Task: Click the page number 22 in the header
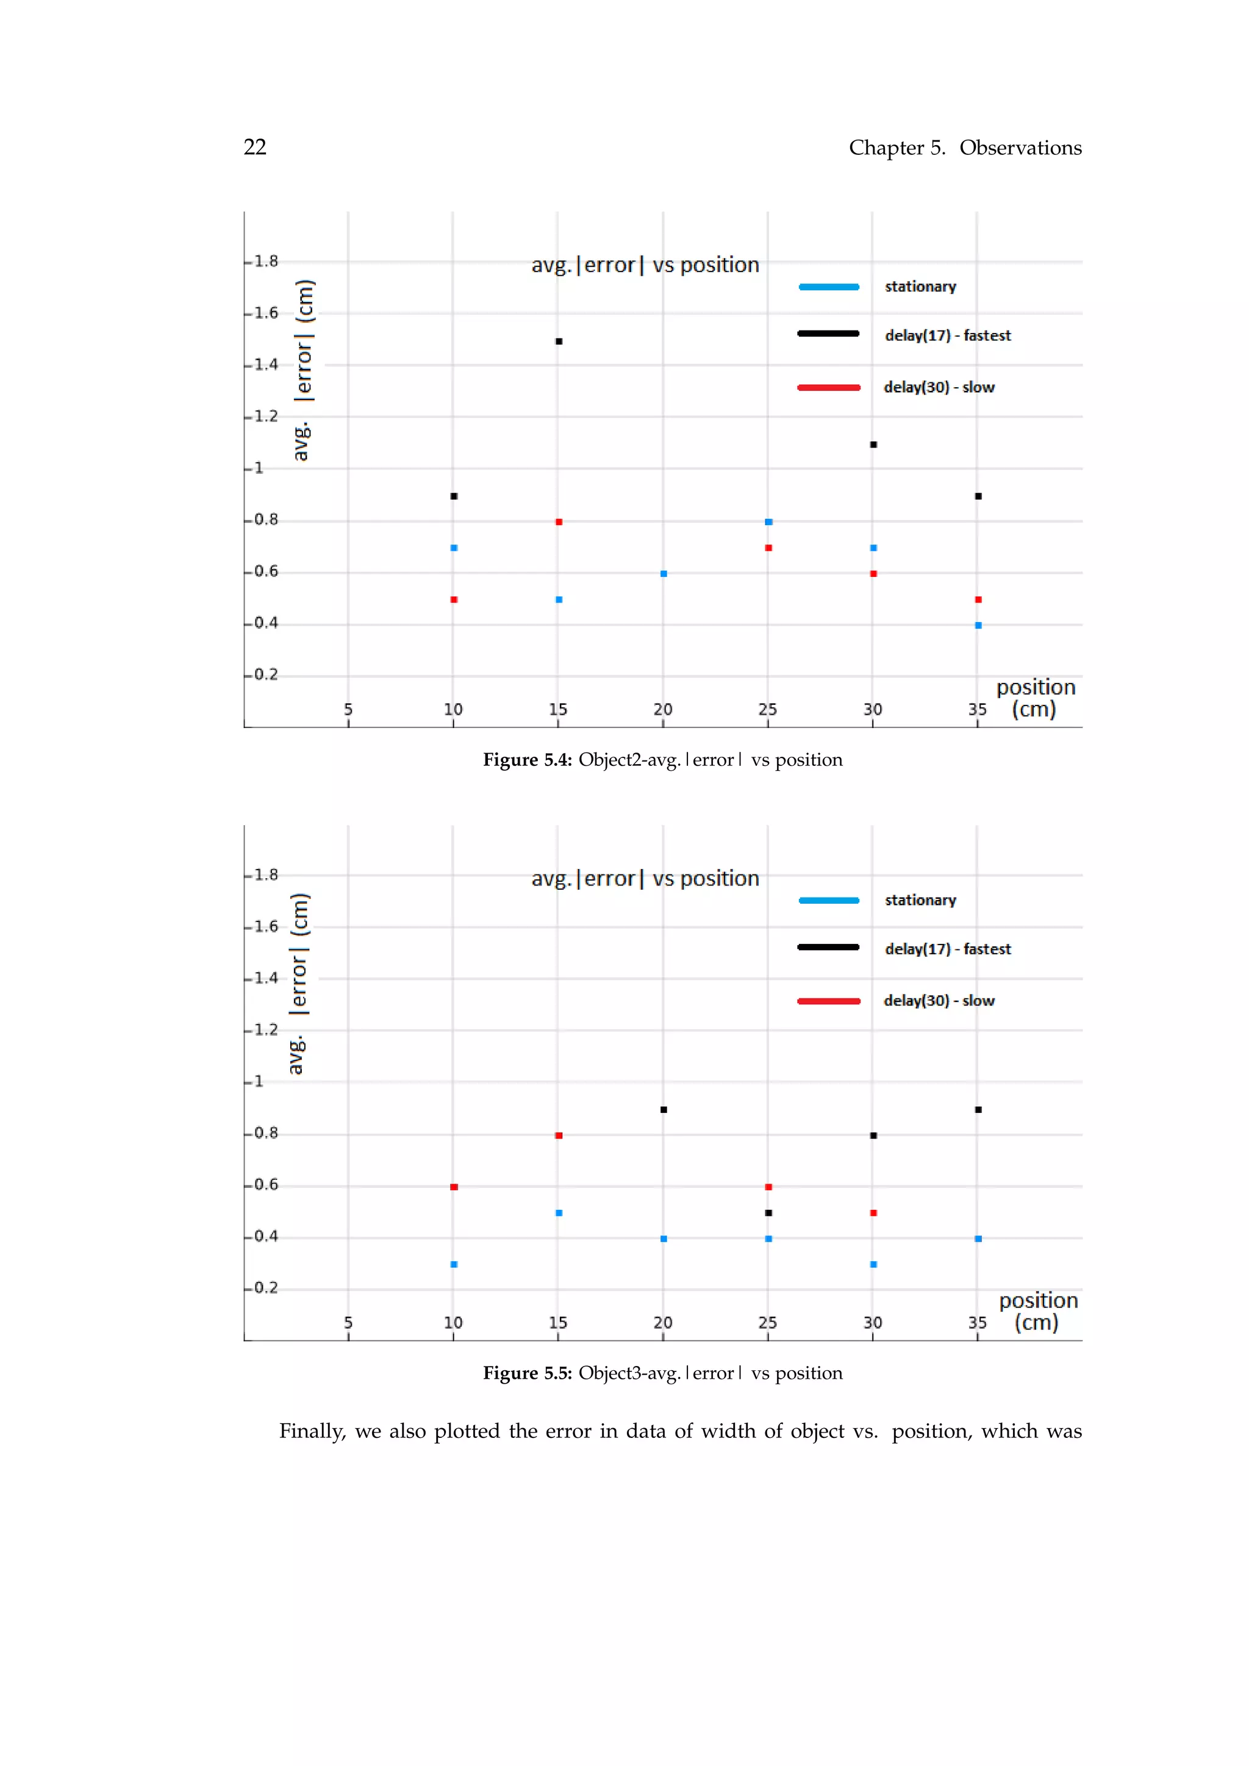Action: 254,147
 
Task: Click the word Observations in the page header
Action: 1020,148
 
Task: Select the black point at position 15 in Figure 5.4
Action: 559,341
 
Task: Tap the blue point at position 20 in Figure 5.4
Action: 664,574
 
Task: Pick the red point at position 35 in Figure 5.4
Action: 978,600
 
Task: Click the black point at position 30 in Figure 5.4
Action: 874,445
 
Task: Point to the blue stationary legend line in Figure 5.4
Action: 828,287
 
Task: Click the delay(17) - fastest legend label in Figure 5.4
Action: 948,335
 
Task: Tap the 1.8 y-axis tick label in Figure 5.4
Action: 266,262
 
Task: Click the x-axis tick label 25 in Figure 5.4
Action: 768,709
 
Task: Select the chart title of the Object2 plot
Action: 645,265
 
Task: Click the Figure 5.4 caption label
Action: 527,760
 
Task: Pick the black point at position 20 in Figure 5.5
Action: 664,1110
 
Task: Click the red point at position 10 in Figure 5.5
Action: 454,1187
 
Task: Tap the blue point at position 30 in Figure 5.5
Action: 874,1265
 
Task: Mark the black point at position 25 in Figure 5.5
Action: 768,1213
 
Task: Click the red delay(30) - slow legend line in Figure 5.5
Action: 828,1001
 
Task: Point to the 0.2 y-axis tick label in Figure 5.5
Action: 266,1287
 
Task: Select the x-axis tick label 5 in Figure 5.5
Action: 348,1323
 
